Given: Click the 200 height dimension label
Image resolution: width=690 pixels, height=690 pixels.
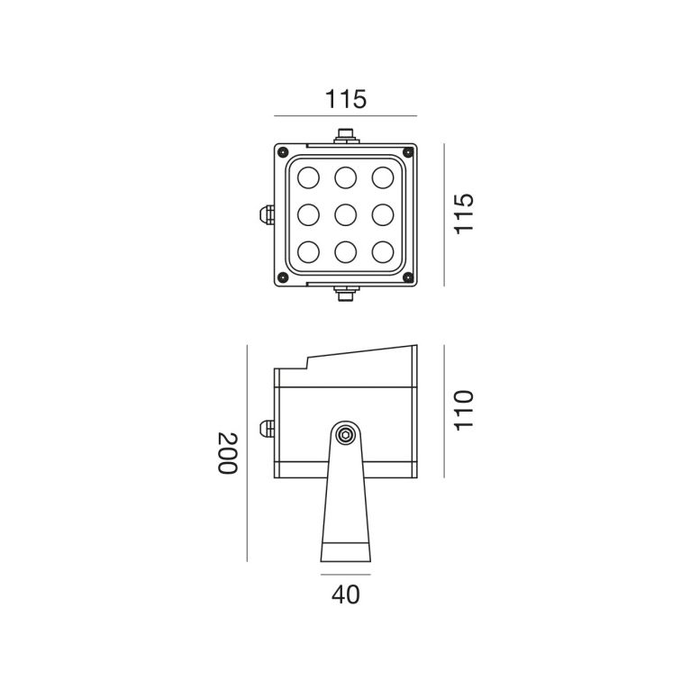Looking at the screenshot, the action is [x=228, y=453].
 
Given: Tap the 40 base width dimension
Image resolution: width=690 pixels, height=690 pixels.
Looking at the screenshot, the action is [x=345, y=595].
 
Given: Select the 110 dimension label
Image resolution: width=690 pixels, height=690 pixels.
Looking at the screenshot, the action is [x=464, y=411].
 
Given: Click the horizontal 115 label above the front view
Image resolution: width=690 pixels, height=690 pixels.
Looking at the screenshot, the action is [x=345, y=99].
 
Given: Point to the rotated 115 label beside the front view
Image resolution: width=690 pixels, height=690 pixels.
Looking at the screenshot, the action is [x=464, y=213].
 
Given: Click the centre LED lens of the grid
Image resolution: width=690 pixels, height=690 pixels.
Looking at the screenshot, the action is [x=345, y=215].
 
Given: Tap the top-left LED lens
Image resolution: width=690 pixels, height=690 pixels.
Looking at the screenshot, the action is [x=308, y=177].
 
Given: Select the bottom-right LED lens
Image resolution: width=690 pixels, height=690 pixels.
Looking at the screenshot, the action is [x=383, y=252].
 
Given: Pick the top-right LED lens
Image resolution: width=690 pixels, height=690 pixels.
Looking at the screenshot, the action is [x=383, y=177].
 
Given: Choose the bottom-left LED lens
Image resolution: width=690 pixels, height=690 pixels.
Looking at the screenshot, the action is [x=308, y=252].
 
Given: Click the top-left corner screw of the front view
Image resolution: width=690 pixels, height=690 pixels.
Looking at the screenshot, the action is [x=283, y=152].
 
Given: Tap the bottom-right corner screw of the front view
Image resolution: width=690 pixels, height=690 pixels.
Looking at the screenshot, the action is [x=408, y=277].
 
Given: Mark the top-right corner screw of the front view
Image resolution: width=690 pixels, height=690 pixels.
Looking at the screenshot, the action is [x=408, y=152].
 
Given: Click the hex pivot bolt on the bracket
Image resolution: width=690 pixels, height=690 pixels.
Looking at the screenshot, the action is [x=345, y=435].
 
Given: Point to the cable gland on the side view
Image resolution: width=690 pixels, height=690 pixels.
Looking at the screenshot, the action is [x=268, y=429].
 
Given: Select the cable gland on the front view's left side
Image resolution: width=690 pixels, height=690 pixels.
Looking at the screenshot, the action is [x=268, y=214].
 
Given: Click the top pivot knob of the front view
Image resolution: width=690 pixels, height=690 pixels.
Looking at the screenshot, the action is [x=346, y=136].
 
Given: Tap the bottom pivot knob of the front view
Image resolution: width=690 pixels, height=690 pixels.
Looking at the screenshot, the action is [x=346, y=294].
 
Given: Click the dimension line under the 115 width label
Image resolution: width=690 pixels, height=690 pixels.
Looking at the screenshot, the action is [x=345, y=116].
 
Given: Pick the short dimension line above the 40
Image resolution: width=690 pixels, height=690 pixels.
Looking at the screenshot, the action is [x=345, y=575].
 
